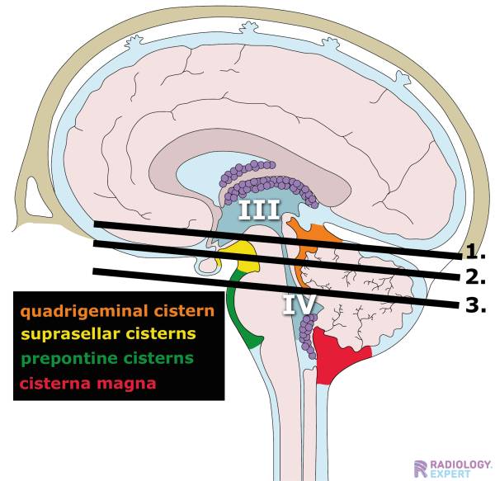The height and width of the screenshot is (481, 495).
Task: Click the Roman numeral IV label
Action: pyautogui.click(x=298, y=304)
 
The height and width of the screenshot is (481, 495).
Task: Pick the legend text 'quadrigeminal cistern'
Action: pyautogui.click(x=117, y=312)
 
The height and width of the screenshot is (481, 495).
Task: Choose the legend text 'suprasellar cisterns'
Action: pyautogui.click(x=108, y=334)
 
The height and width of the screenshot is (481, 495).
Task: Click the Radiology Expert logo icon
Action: pyautogui.click(x=421, y=468)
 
